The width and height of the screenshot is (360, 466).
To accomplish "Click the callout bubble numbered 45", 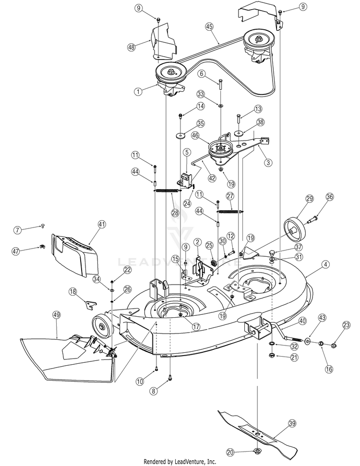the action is coord(209,27).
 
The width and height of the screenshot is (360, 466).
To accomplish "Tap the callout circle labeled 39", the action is coord(292,423).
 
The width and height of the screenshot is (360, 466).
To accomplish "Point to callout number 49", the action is coord(56,315).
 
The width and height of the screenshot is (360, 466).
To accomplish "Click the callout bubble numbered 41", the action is coord(102,225).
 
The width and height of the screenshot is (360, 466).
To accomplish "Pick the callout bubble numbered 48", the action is coord(131,47).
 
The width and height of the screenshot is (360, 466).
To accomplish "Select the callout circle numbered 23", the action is coord(347,325).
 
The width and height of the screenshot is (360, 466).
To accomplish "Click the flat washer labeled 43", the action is coord(308,340).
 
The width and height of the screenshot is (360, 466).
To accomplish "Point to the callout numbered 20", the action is coord(230,453).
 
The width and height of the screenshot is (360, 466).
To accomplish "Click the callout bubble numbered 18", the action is coord(73,291).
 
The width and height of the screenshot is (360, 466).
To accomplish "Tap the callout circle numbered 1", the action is coord(138,92).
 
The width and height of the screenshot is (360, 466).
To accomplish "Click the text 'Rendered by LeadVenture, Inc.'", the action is coord(180,462).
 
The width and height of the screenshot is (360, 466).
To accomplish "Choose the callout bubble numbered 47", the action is coord(15,251).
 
